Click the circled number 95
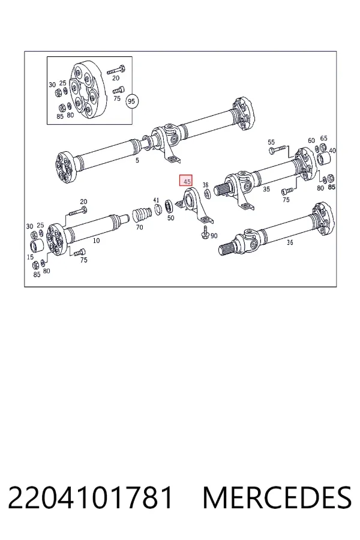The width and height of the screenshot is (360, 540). tap(131, 101)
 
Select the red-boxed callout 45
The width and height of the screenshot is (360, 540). tap(186, 181)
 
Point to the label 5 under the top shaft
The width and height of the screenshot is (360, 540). tap(137, 160)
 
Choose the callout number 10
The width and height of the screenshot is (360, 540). tap(97, 241)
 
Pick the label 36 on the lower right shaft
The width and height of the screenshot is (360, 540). tap(290, 242)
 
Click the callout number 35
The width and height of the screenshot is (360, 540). tap(266, 189)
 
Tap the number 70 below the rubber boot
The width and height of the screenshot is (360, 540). tap(140, 227)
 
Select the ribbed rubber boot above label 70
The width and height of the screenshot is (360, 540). tap(140, 215)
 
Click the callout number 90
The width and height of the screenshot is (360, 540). tap(214, 236)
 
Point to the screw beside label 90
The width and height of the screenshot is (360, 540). tap(205, 232)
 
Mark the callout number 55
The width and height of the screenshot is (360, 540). tap(271, 142)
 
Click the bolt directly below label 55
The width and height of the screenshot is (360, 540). tap(278, 149)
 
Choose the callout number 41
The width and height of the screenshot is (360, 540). tap(157, 200)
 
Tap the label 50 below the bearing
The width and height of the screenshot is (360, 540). tap(171, 218)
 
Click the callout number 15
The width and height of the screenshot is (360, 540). tap(31, 257)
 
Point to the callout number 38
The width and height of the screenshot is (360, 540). tap(206, 185)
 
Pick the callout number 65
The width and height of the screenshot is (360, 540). tap(324, 138)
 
